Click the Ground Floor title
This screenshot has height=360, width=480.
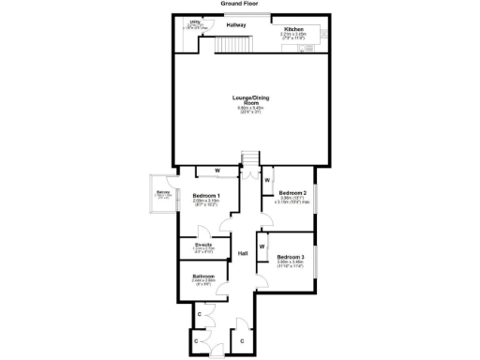240,4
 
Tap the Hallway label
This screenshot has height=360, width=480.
237,26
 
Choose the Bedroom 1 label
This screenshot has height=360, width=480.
206,195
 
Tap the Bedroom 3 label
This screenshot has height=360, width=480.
291,257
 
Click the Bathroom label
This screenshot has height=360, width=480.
204,277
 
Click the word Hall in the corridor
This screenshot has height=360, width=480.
242,254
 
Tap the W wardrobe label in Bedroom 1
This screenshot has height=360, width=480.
217,171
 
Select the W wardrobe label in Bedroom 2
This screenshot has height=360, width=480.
267,179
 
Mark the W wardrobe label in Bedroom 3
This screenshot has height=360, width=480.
262,247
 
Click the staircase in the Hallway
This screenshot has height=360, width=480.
243,45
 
